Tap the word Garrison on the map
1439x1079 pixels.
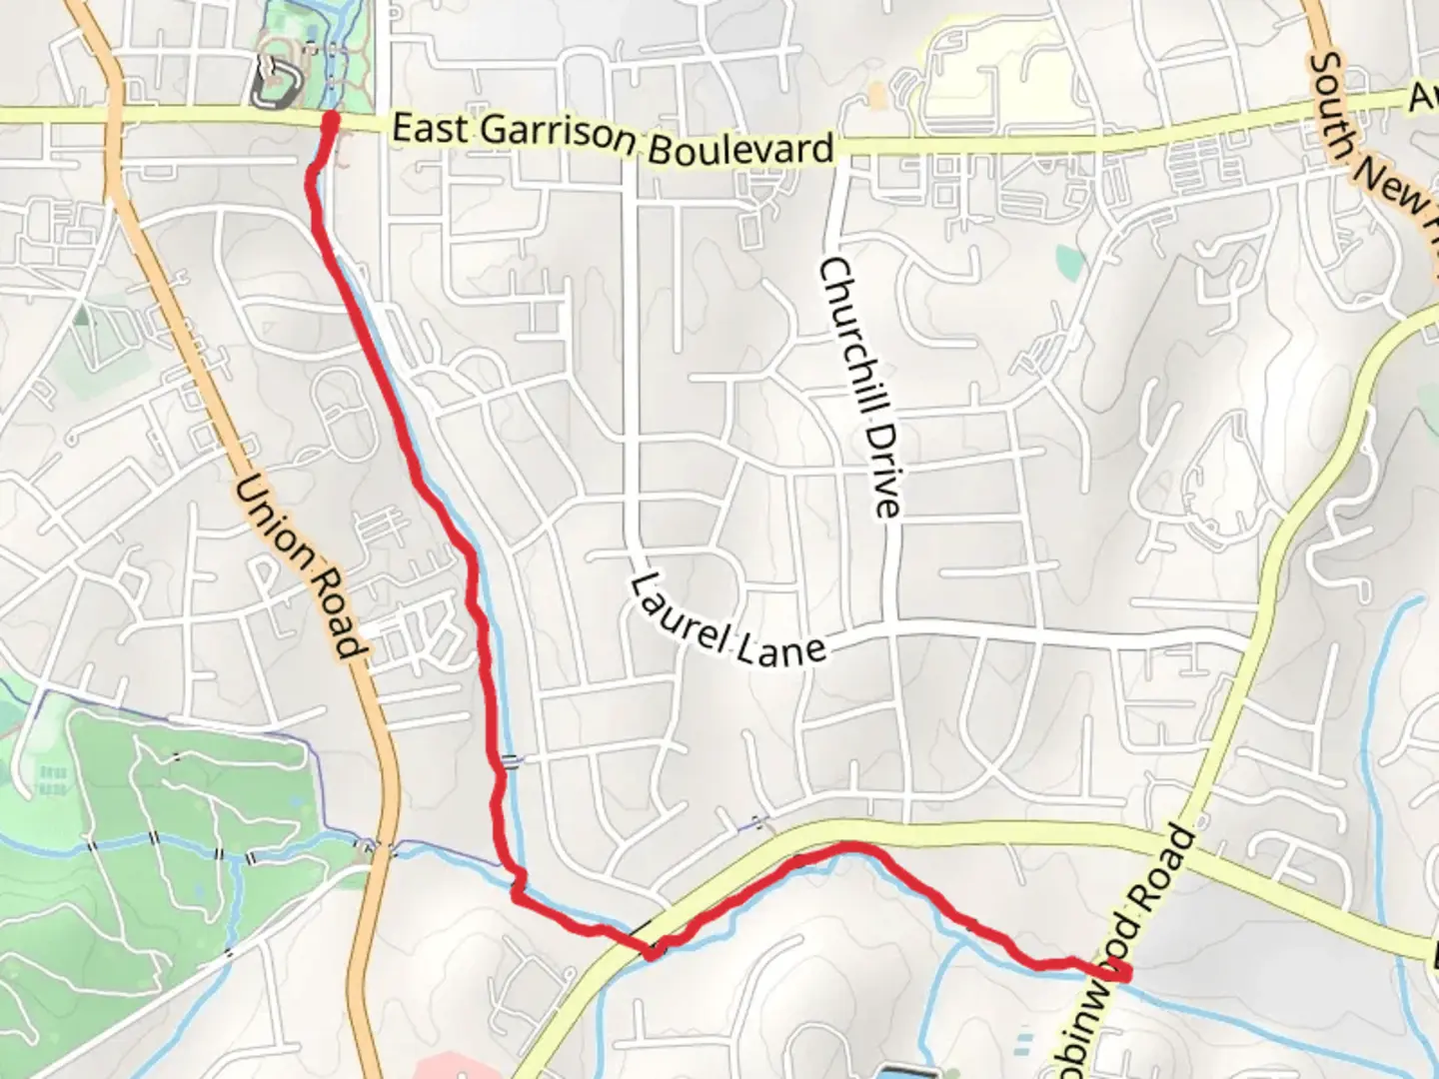[x=557, y=137]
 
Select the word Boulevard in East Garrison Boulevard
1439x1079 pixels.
[x=740, y=149]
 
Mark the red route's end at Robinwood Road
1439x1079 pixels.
[x=1121, y=971]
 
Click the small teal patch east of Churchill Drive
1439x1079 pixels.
[x=1070, y=261]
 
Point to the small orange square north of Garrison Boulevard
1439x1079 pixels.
[x=876, y=95]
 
